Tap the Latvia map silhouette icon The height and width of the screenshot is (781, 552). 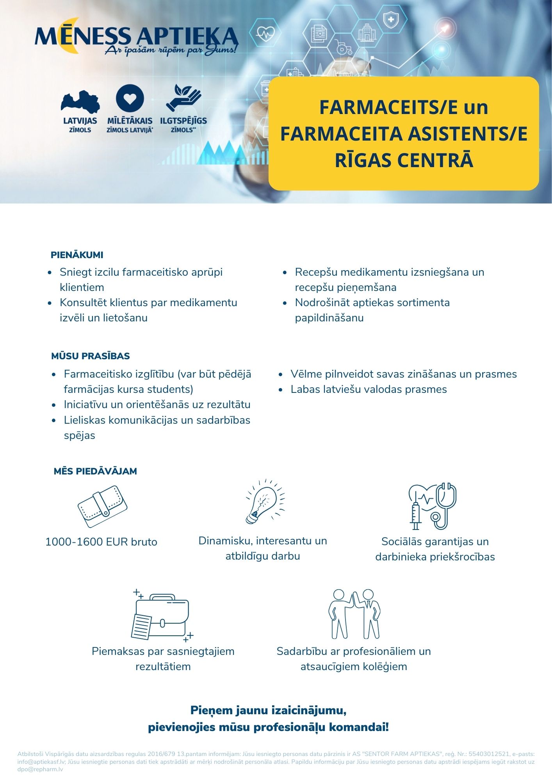(x=80, y=102)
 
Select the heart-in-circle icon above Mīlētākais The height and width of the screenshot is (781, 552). (x=130, y=98)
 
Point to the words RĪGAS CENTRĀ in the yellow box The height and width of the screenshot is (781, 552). (x=404, y=160)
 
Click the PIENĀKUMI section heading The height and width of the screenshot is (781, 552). (x=77, y=255)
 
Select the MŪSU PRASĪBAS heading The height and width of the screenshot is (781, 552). (x=90, y=356)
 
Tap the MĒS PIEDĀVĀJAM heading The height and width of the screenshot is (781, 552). (x=95, y=471)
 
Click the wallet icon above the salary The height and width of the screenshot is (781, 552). (x=102, y=506)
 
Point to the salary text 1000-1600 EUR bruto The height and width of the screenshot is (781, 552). (x=101, y=542)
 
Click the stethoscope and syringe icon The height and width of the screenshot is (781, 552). (x=433, y=506)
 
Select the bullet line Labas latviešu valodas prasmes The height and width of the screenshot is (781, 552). (x=369, y=389)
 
